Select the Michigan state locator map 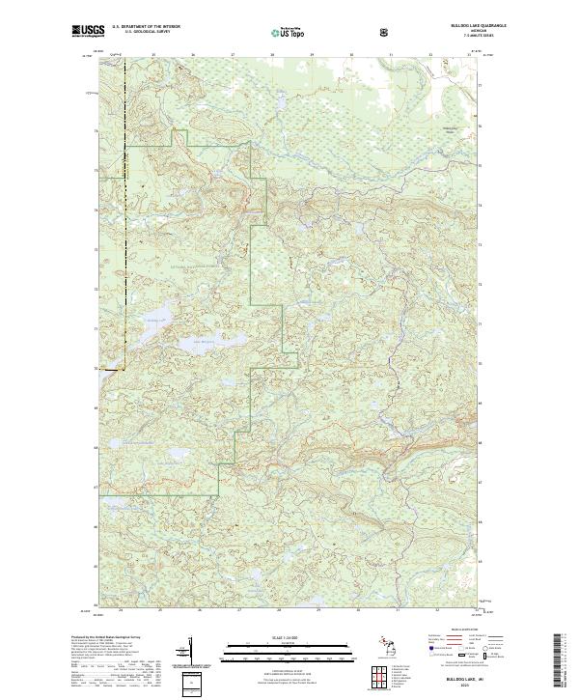386,641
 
